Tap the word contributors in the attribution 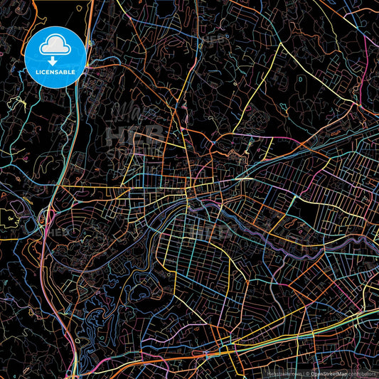click(x=363, y=373)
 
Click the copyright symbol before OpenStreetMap click(x=308, y=373)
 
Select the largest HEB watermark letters click(x=135, y=135)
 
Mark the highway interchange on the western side click(x=47, y=216)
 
